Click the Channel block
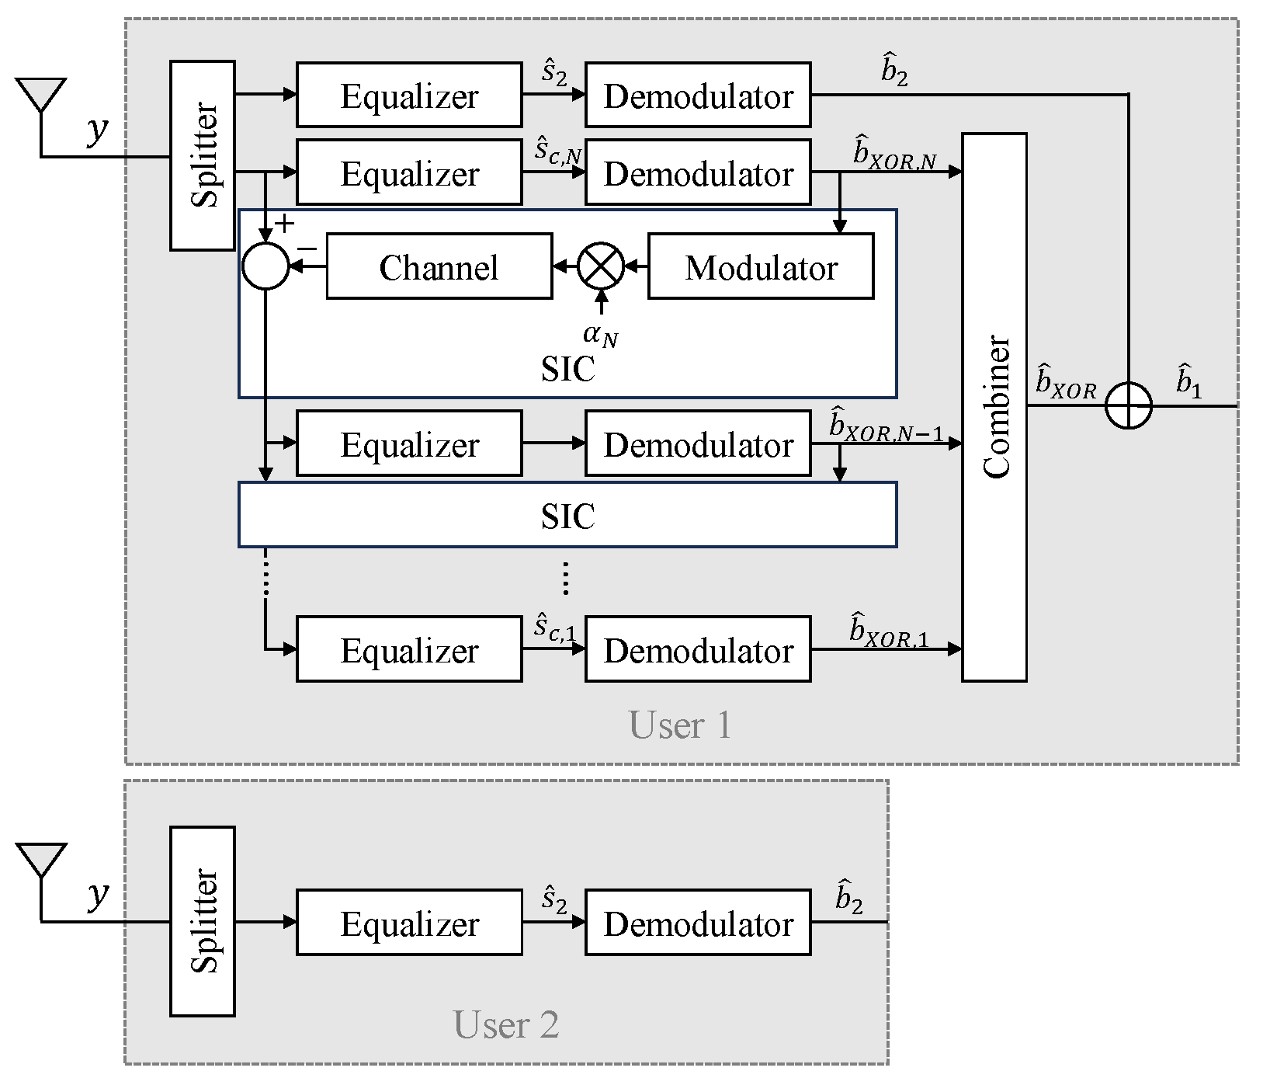pos(439,266)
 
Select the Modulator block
pos(761,266)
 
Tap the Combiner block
pos(994,407)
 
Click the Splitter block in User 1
pos(203,155)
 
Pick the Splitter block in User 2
pos(203,921)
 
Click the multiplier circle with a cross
pos(601,266)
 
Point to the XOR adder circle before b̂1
pos(1128,405)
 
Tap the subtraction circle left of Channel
pos(265,266)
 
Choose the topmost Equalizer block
pos(409,95)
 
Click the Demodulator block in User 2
pos(698,922)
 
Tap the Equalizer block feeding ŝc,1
pos(409,649)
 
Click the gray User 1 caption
pos(680,725)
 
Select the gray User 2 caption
pos(506,1024)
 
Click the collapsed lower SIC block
pos(567,514)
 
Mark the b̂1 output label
pos(1188,381)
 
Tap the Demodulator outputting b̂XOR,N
pos(698,172)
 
